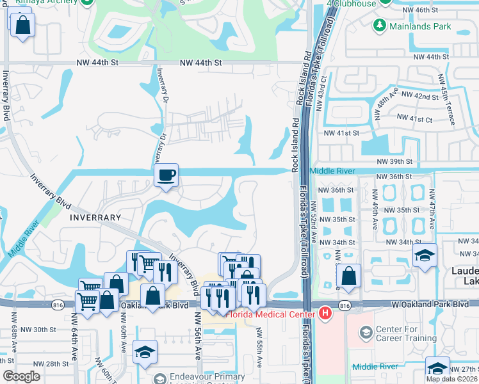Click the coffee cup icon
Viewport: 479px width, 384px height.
(166, 175)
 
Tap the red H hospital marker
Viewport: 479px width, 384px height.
(325, 313)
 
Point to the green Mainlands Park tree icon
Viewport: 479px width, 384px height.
(380, 26)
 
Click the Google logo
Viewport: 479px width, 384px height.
(21, 376)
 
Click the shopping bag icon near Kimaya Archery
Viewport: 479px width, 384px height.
(22, 25)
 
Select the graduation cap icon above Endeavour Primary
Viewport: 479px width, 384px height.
(145, 352)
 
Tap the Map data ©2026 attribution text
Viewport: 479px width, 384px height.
(452, 379)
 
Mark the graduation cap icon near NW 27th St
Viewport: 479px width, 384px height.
(438, 367)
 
